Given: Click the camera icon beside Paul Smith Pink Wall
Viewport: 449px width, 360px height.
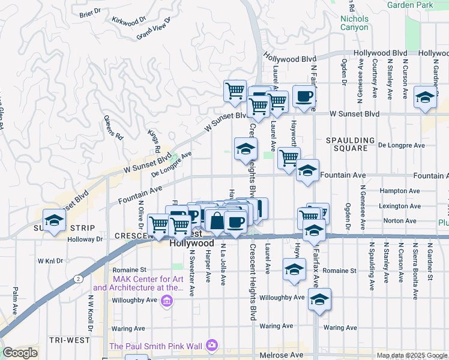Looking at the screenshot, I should pyautogui.click(x=211, y=345).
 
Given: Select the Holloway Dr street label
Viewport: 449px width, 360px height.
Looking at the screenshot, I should pyautogui.click(x=86, y=239).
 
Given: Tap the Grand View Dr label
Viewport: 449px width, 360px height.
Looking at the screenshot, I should pyautogui.click(x=154, y=28).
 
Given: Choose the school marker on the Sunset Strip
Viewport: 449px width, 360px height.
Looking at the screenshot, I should pyautogui.click(x=54, y=220).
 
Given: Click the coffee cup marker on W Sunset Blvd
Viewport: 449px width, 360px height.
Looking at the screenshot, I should pyautogui.click(x=304, y=97).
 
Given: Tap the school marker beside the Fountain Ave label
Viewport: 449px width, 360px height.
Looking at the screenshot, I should pyautogui.click(x=307, y=171).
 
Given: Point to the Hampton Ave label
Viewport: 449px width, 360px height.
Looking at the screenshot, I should pyautogui.click(x=397, y=191).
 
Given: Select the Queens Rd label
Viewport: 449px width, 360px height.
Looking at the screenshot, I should pyautogui.click(x=113, y=127).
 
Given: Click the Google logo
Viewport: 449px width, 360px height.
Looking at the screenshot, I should pyautogui.click(x=20, y=353).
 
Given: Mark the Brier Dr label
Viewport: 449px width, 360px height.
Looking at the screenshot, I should pyautogui.click(x=87, y=13).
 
